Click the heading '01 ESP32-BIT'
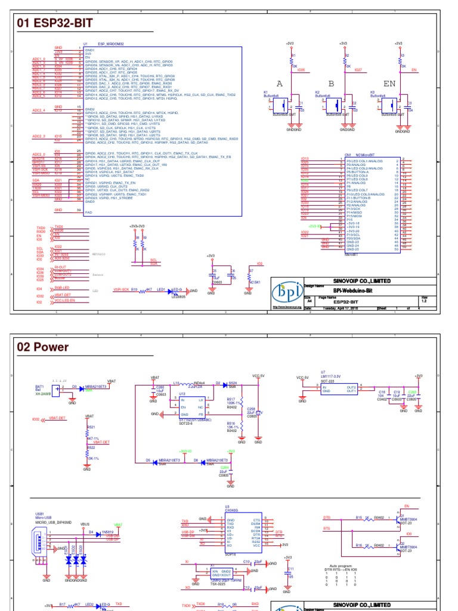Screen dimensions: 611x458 [x=55, y=24]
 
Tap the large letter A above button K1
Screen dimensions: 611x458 [x=280, y=84]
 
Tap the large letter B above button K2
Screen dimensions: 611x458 [x=331, y=84]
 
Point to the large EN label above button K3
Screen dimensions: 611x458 [x=389, y=84]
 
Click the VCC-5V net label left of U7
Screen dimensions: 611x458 [x=303, y=378]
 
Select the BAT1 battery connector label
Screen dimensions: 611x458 [x=40, y=386]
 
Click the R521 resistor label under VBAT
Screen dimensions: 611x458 [x=91, y=427]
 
